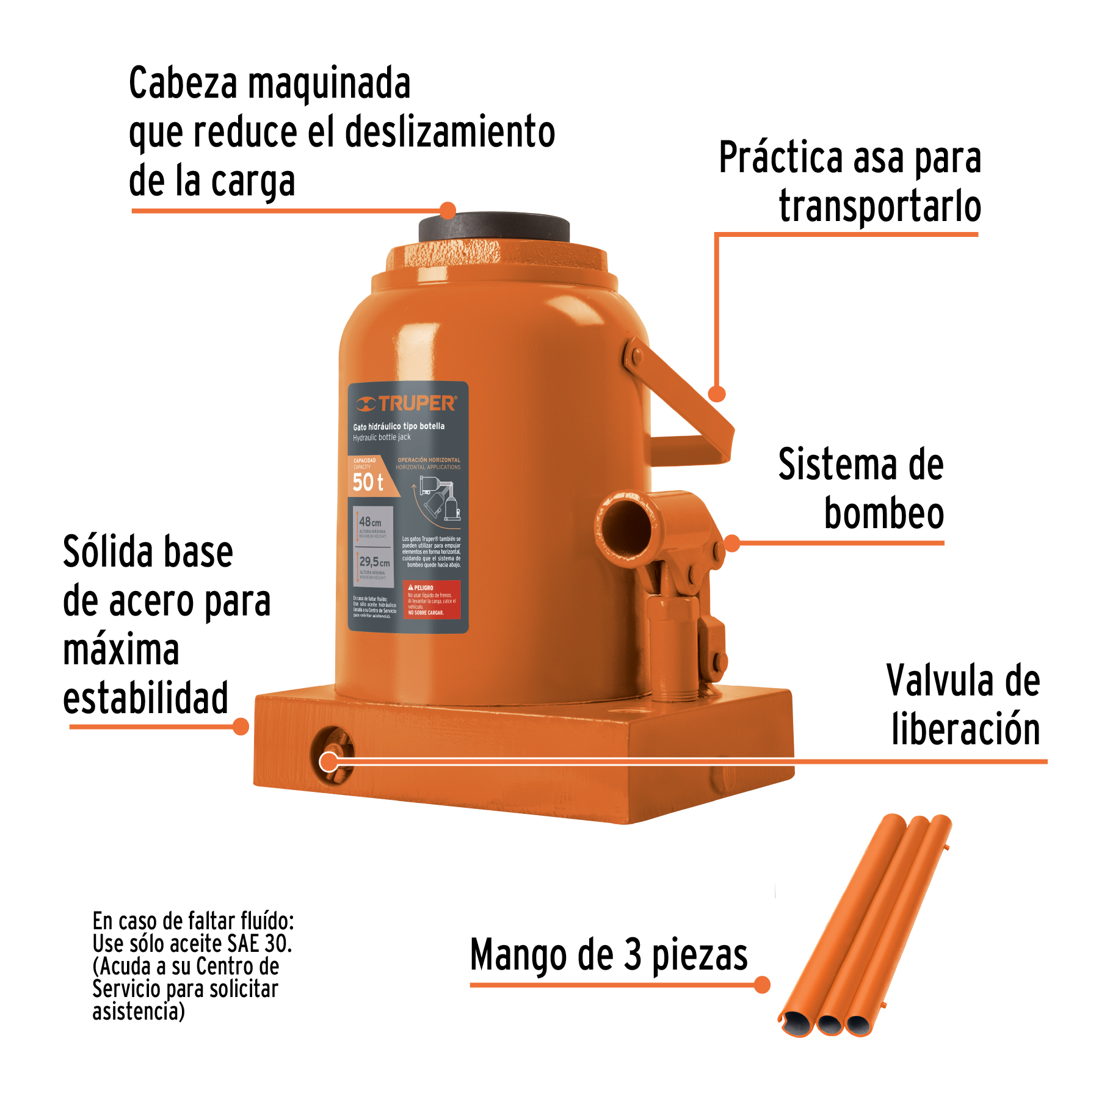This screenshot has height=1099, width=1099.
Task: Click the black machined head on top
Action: click(494, 227)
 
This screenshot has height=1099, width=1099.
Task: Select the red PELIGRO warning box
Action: click(432, 600)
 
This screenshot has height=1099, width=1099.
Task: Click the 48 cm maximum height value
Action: click(370, 522)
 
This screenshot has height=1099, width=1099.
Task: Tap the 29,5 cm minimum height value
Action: click(374, 562)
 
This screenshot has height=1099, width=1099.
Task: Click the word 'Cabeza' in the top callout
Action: click(183, 84)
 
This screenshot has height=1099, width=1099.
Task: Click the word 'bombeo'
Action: click(883, 513)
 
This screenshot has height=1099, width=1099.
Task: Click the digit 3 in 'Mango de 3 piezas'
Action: click(633, 955)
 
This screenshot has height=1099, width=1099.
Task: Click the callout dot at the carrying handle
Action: click(717, 394)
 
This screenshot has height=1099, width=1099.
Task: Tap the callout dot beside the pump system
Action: click(732, 543)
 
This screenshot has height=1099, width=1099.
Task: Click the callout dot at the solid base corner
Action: click(241, 727)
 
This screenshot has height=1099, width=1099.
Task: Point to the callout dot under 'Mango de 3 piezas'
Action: click(762, 985)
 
